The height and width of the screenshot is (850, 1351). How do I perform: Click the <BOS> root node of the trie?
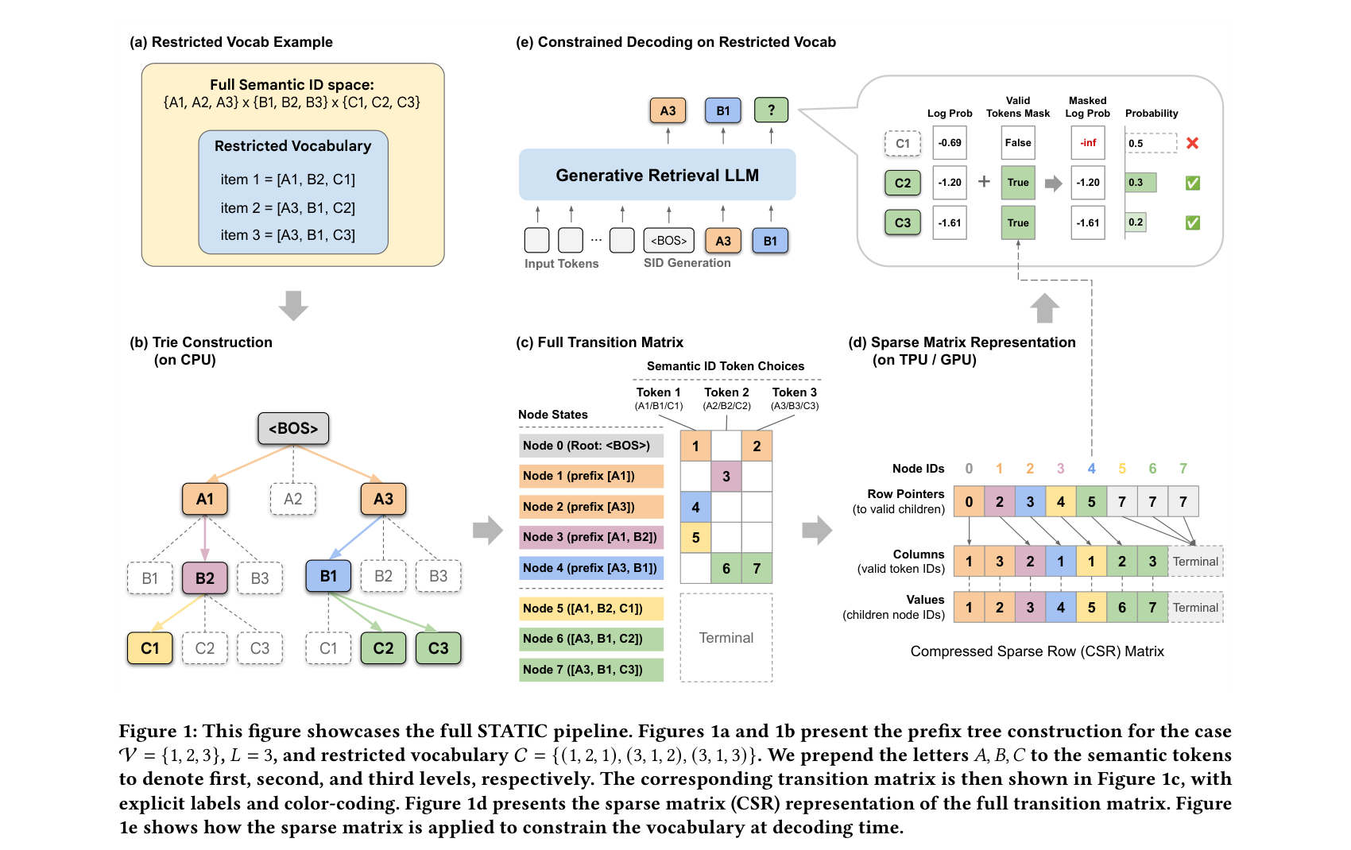(x=293, y=428)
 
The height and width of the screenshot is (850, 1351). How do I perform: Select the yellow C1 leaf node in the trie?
(x=150, y=648)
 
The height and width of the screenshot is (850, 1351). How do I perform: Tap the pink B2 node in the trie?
(x=205, y=578)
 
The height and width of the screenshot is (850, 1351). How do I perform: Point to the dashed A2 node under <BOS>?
(x=293, y=499)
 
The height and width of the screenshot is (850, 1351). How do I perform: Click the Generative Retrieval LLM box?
(x=657, y=175)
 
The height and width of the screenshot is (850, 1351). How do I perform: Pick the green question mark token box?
(x=771, y=110)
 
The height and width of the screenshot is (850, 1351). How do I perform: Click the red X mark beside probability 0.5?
(x=1192, y=143)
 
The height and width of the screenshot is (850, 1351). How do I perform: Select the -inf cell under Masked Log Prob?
(x=1088, y=143)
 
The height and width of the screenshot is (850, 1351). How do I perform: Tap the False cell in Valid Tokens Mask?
(x=1018, y=143)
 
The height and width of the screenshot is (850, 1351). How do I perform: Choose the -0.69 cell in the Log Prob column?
(x=950, y=143)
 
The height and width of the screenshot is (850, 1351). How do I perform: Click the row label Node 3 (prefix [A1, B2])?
(x=590, y=537)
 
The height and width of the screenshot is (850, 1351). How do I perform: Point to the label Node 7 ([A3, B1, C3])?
(x=590, y=670)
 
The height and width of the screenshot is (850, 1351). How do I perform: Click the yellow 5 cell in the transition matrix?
(x=695, y=538)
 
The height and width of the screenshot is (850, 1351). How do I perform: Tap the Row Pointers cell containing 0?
(x=969, y=502)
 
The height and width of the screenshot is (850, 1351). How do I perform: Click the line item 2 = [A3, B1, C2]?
(x=288, y=208)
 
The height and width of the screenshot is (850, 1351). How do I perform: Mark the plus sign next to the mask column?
(x=984, y=182)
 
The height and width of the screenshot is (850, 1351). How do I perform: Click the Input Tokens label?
(x=561, y=264)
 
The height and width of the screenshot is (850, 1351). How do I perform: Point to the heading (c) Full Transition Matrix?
(x=599, y=342)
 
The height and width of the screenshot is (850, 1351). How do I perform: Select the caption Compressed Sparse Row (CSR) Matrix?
(x=1037, y=651)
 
